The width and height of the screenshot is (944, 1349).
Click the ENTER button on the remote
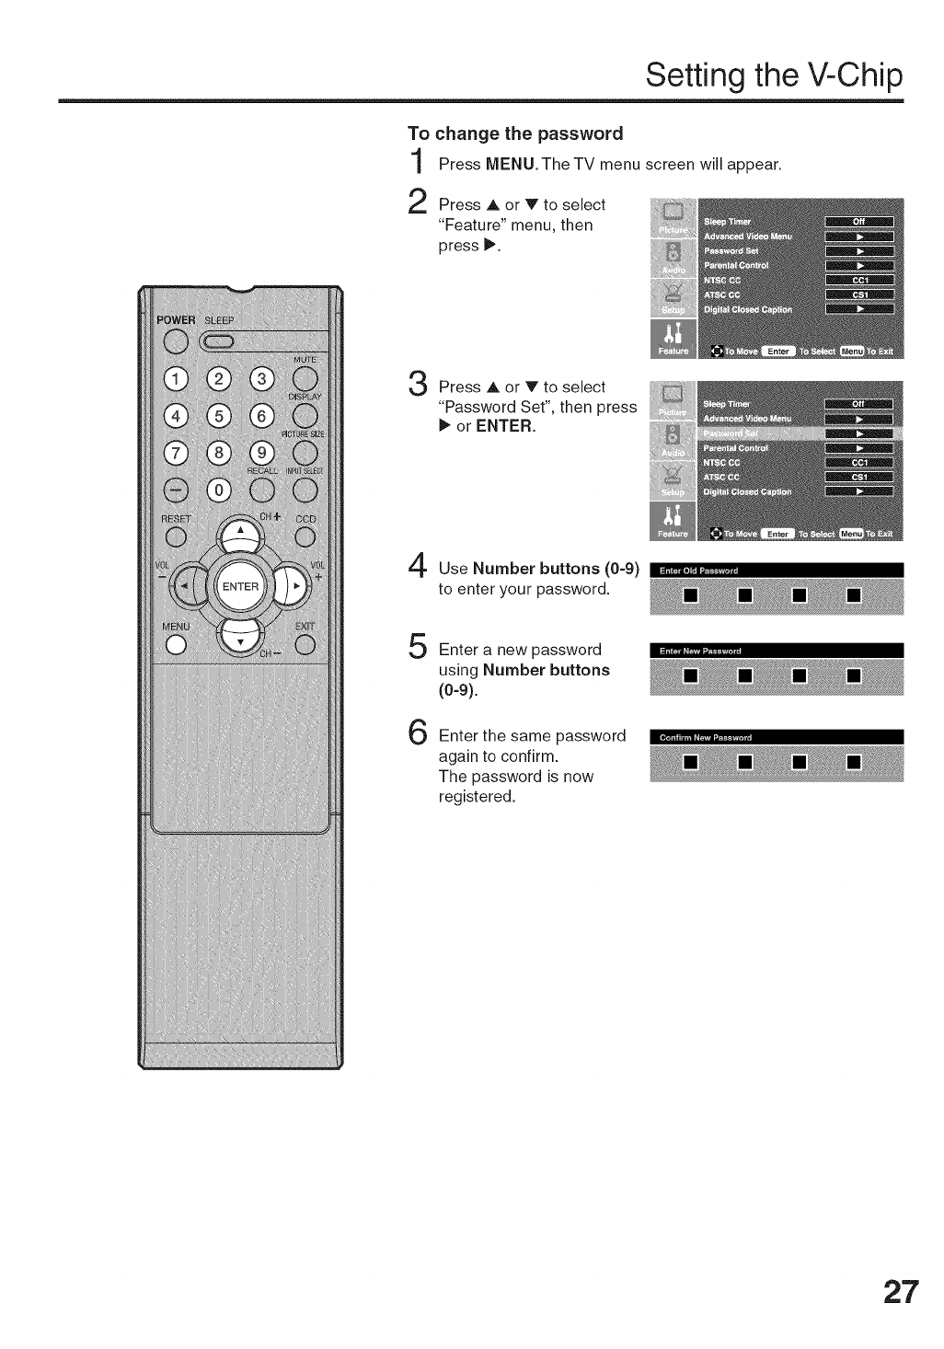(x=240, y=586)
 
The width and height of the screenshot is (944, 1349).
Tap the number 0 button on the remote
(x=218, y=490)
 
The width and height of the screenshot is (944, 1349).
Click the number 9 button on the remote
(x=262, y=453)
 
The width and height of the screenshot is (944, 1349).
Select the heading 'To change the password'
(x=515, y=133)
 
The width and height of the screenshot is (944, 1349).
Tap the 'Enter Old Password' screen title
(x=699, y=571)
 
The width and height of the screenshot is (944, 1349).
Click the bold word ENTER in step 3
(x=504, y=426)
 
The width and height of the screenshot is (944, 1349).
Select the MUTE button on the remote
(x=305, y=378)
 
